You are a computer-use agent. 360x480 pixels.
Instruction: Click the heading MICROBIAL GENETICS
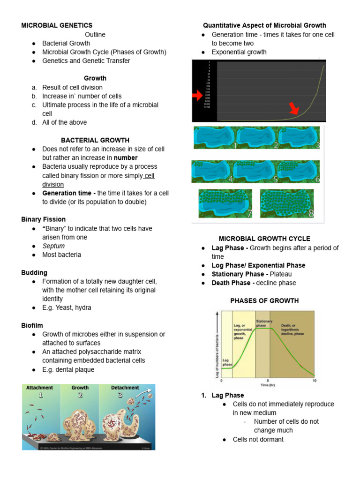[57, 25]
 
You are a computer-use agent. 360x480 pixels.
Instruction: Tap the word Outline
[95, 34]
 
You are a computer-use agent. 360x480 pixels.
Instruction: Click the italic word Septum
[53, 246]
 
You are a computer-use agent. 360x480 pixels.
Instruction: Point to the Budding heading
[34, 273]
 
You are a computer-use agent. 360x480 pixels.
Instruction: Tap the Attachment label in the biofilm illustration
[39, 388]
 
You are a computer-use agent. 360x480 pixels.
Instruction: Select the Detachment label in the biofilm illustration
[125, 388]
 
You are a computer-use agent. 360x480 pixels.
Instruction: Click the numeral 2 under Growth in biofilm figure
[80, 396]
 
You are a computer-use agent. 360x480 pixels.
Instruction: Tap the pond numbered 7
[225, 204]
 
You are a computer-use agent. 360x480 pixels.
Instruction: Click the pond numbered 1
[214, 137]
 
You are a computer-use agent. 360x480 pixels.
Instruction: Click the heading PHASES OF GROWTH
[264, 301]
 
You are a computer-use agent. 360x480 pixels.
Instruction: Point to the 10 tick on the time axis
[315, 381]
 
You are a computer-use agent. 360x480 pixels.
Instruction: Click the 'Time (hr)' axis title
[268, 385]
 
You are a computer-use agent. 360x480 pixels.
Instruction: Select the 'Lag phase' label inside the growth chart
[227, 362]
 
